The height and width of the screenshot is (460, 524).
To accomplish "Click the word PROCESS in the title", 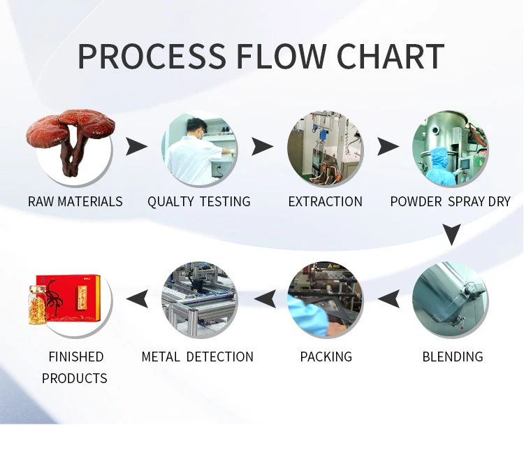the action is (152, 56).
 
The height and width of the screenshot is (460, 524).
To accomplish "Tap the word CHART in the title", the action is (391, 56).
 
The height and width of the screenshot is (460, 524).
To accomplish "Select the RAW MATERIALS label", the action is (75, 201).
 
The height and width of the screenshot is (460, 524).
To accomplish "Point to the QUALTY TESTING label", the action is (199, 201).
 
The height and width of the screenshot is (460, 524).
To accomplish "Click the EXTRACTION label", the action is (325, 201).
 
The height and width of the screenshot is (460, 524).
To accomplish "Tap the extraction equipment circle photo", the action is (325, 148).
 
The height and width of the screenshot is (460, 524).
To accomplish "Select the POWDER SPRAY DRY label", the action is (450, 201).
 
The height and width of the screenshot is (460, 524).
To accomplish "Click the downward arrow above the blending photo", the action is (452, 234).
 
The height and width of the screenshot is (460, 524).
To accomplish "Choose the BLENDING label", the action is (453, 357).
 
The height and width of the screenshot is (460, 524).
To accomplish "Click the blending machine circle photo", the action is (450, 299).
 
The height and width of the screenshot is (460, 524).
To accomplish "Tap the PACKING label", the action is (326, 357).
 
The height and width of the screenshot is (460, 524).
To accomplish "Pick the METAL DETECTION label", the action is (197, 357).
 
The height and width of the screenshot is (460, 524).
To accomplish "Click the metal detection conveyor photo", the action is (200, 299).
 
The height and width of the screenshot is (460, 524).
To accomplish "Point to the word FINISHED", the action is (76, 357).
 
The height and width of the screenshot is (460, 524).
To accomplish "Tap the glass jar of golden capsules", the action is (37, 305).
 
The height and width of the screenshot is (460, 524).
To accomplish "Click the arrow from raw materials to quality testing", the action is (136, 146).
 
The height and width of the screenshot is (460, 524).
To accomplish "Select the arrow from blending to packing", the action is (388, 299).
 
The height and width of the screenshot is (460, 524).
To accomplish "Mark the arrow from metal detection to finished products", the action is (137, 299).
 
